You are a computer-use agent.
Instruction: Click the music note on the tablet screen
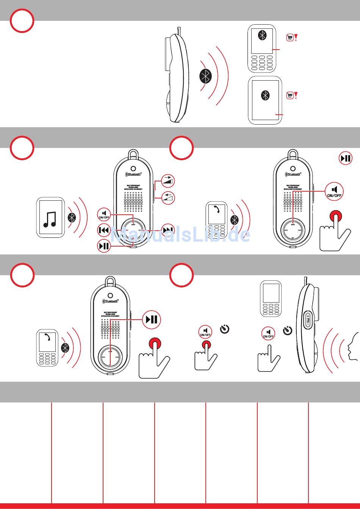[x=50, y=219]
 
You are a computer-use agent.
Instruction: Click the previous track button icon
[x=104, y=230]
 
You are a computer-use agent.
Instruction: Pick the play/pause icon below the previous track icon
[x=104, y=246]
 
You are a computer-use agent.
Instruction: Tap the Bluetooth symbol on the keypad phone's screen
[x=262, y=35]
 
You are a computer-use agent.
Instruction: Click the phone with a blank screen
[x=271, y=299]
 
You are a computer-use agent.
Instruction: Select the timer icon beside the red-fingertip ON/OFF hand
[x=225, y=330]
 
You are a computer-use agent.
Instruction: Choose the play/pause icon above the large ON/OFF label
[x=345, y=158]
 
